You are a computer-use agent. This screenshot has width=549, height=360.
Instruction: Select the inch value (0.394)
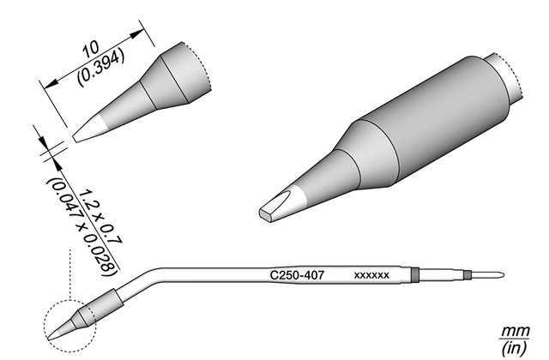pos(101,67)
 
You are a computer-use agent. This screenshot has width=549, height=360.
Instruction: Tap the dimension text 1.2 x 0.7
pos(101,217)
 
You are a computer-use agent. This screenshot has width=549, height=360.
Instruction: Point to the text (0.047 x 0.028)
pos(82,226)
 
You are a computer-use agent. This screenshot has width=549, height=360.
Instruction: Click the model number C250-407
pos(298,275)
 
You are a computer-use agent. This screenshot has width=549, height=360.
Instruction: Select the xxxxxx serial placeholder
pos(371,275)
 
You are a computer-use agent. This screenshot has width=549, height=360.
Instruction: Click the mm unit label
pos(516,331)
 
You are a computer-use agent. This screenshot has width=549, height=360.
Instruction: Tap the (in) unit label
pos(514,348)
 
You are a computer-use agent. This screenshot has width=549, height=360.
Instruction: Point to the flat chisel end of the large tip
pos(266,214)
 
